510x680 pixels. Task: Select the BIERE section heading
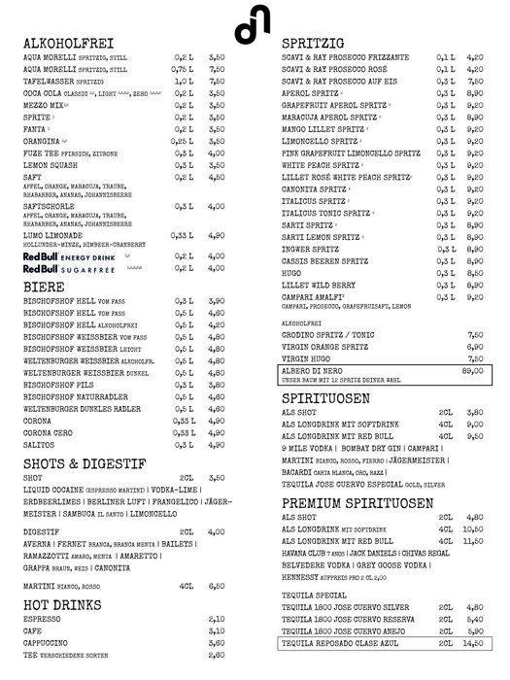(45, 287)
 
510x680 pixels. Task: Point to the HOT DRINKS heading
(66, 603)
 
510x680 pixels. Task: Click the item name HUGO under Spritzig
(293, 274)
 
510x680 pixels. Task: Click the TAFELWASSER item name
(53, 82)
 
